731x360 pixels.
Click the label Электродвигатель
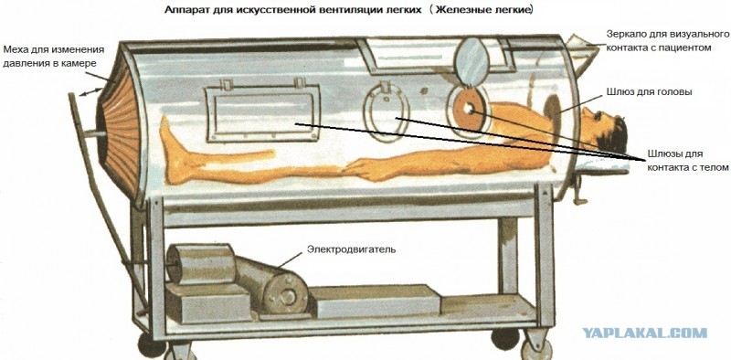point(351,249)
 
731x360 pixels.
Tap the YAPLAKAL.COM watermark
point(645,333)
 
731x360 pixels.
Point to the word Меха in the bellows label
point(15,49)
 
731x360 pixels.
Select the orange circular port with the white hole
point(469,109)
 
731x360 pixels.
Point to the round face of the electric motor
point(286,294)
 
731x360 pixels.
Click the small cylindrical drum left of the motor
point(199,264)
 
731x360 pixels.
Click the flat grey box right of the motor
point(375,302)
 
